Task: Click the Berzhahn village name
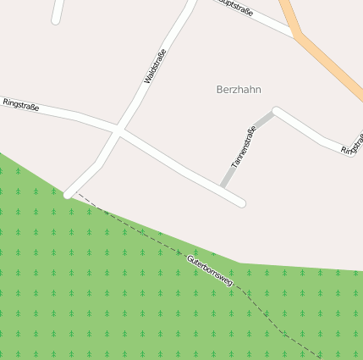click(239, 89)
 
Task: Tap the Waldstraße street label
click(156, 67)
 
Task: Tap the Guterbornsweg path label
click(210, 267)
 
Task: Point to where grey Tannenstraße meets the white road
click(224, 186)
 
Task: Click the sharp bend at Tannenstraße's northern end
click(276, 111)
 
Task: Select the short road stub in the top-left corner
click(58, 12)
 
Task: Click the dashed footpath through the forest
click(135, 227)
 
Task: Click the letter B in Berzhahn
click(220, 89)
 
